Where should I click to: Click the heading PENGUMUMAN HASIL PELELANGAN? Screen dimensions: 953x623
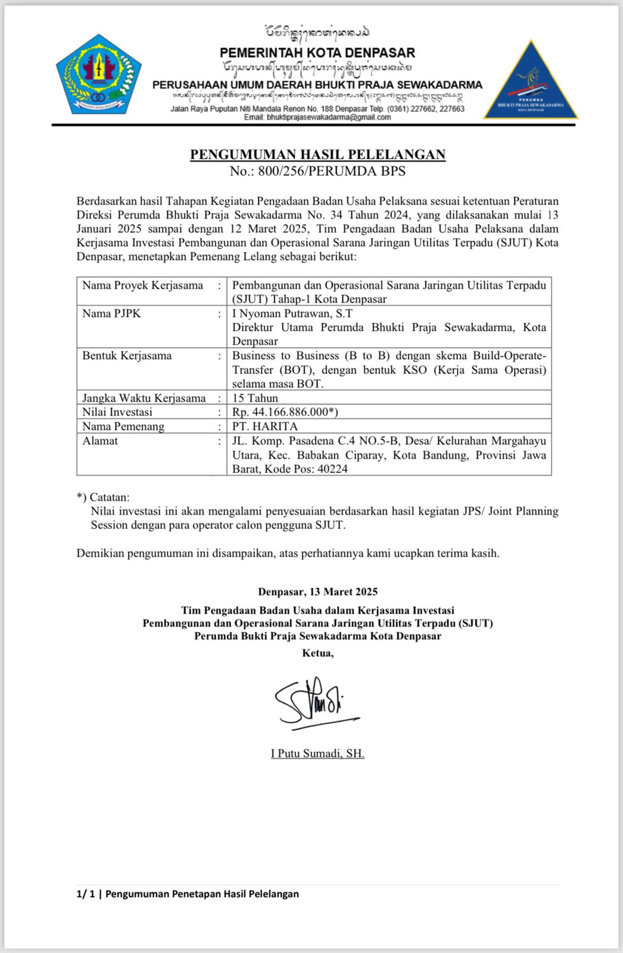pyautogui.click(x=317, y=155)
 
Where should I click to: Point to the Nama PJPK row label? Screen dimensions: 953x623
pyautogui.click(x=112, y=313)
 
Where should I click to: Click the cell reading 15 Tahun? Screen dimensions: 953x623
pyautogui.click(x=255, y=398)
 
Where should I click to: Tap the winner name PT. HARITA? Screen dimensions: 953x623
pyautogui.click(x=265, y=426)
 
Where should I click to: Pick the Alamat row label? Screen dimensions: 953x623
pyautogui.click(x=100, y=441)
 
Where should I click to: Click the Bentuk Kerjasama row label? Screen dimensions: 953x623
pyautogui.click(x=127, y=356)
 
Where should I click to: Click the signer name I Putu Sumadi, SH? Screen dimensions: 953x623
pyautogui.click(x=317, y=753)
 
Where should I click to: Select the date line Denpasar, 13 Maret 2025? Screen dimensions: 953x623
pyautogui.click(x=317, y=592)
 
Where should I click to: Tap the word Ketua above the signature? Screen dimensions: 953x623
pyautogui.click(x=317, y=653)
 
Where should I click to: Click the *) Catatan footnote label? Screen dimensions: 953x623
pyautogui.click(x=103, y=497)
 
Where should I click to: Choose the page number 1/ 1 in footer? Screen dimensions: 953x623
pyautogui.click(x=86, y=893)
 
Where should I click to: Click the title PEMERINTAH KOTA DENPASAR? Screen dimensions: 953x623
pyautogui.click(x=317, y=52)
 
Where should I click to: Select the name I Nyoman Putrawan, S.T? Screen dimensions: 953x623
pyautogui.click(x=292, y=313)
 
